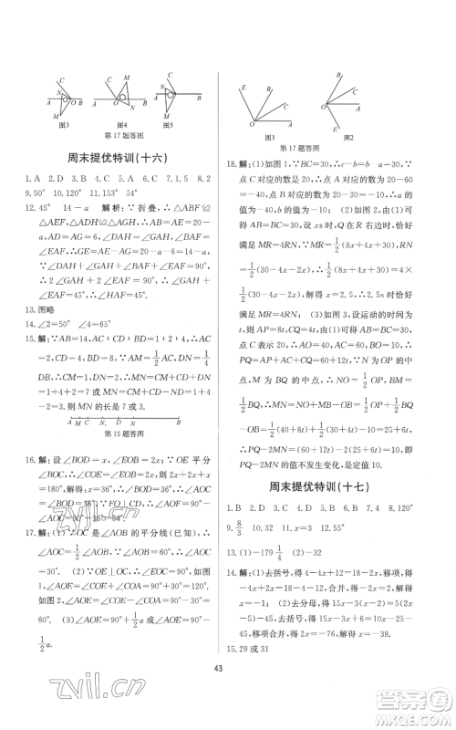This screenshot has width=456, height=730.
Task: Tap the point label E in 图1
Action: (x=242, y=87)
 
